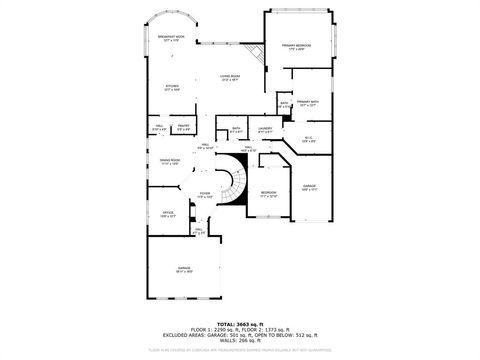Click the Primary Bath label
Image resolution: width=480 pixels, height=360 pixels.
[x=308, y=103]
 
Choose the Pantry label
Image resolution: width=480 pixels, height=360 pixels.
[x=184, y=127]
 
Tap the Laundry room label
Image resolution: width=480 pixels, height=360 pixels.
[x=265, y=129]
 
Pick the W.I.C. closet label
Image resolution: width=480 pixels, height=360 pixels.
[x=308, y=140]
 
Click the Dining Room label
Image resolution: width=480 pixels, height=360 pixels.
[x=170, y=161]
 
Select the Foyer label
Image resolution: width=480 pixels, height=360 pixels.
[x=204, y=195]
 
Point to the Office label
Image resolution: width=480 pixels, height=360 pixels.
[x=168, y=214]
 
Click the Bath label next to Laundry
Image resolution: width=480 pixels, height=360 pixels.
[x=236, y=129]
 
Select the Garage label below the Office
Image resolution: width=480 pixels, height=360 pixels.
[x=184, y=270]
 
